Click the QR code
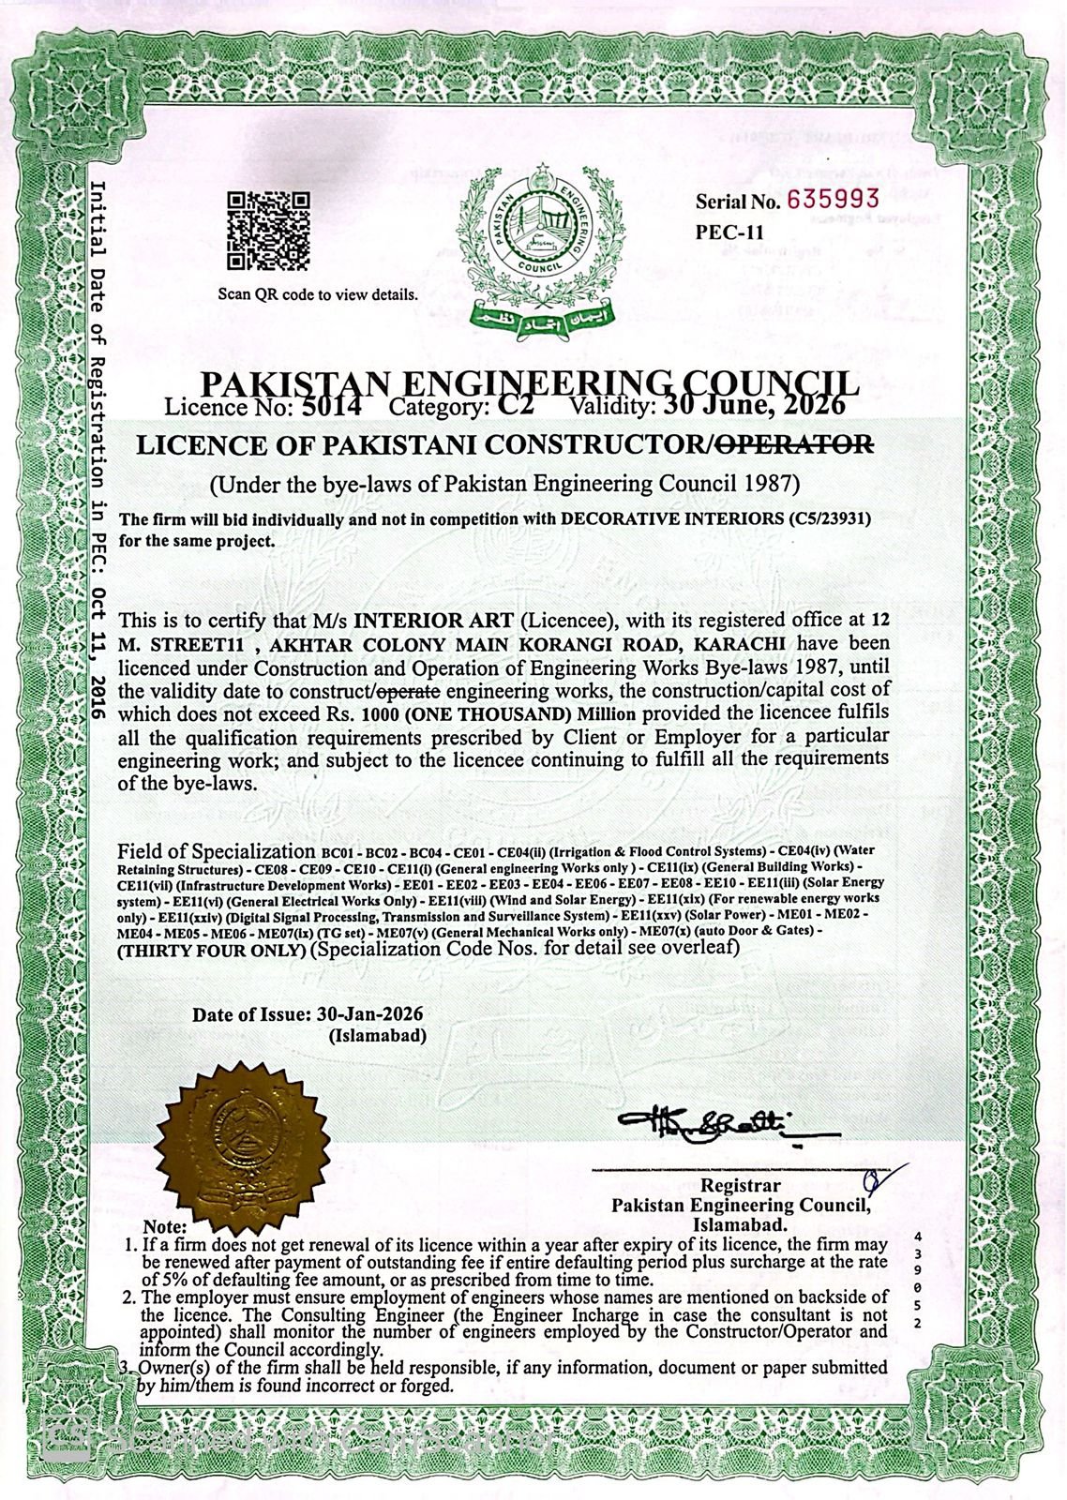tap(268, 229)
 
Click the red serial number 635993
tap(834, 199)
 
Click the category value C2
tap(516, 407)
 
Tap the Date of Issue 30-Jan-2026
tap(366, 1015)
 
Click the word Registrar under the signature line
tap(740, 1187)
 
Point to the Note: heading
tap(165, 1227)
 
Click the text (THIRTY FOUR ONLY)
tap(212, 950)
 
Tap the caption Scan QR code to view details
tap(318, 294)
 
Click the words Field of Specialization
tap(217, 851)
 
